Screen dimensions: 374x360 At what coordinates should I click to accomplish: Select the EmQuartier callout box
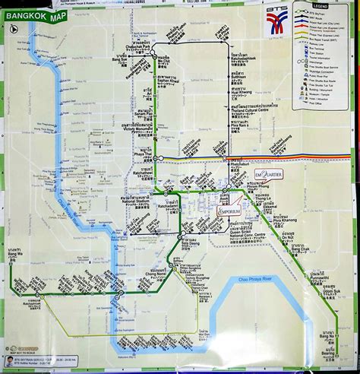(x=270, y=176)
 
